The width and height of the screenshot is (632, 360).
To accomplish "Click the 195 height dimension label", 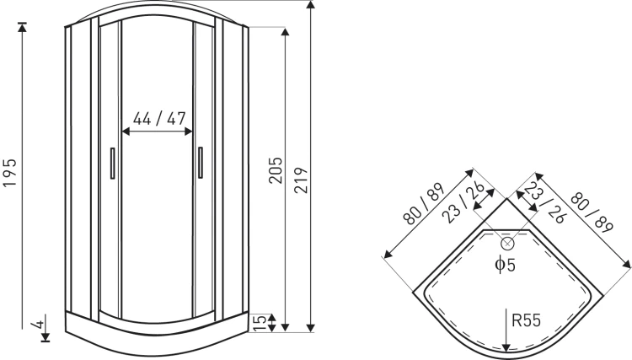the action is [9, 173].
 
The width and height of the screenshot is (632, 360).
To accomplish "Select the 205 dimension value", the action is [276, 170].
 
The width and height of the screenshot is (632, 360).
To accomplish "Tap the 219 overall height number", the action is [301, 180].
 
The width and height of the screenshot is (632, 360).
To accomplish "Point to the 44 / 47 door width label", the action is [159, 119].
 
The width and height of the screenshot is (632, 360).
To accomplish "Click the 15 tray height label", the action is [260, 323].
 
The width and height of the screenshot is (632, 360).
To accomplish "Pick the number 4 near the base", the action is [39, 324].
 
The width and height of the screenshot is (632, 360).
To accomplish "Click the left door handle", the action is [112, 163].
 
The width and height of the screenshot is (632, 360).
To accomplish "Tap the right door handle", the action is [201, 163].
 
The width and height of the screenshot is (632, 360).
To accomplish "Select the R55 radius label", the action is [526, 320].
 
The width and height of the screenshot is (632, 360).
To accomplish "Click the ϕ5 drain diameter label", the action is [505, 265].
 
